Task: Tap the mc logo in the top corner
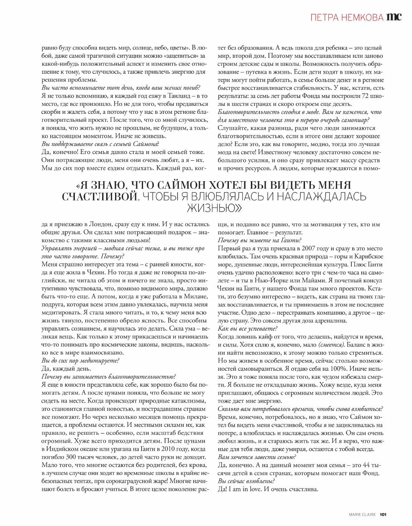click(394, 17)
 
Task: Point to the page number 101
click(385, 515)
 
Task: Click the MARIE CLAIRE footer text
click(362, 515)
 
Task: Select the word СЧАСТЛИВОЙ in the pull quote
click(99, 196)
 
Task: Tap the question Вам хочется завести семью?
click(257, 457)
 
